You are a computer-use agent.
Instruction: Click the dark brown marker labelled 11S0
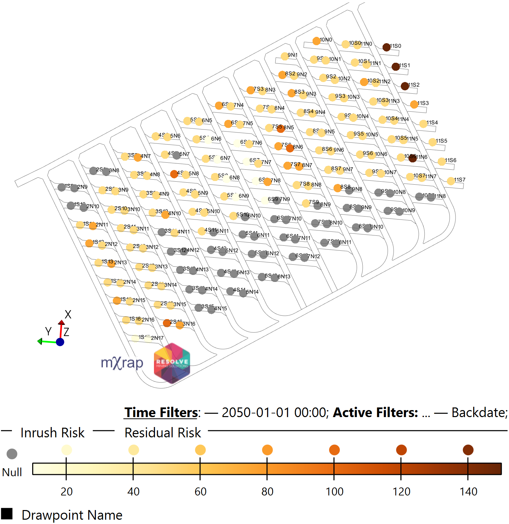tap(386, 47)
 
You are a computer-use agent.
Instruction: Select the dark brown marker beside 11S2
tap(405, 86)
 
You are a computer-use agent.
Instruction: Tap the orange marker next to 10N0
tap(317, 41)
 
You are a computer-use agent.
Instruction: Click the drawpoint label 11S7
tap(460, 180)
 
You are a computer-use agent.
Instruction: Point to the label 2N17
tap(157, 338)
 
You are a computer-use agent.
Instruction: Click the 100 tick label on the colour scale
tap(334, 491)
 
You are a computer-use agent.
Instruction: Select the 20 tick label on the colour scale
tap(67, 491)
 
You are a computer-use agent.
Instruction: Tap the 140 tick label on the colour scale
tap(468, 491)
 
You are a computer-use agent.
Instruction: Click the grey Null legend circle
tap(12, 454)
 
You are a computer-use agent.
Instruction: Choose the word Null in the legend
tap(12, 472)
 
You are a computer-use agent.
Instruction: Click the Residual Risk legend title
tap(163, 433)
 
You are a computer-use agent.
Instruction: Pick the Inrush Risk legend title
tap(52, 433)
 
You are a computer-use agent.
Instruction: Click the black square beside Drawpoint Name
tap(7, 514)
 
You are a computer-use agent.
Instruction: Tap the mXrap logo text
tap(122, 363)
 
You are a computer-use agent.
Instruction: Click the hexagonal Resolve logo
tap(172, 363)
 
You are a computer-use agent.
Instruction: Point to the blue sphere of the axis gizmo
tap(60, 342)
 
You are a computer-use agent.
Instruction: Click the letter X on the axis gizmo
tap(68, 314)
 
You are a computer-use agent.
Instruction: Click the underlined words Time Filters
tap(161, 412)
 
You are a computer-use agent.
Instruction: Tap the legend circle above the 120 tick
tap(401, 450)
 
